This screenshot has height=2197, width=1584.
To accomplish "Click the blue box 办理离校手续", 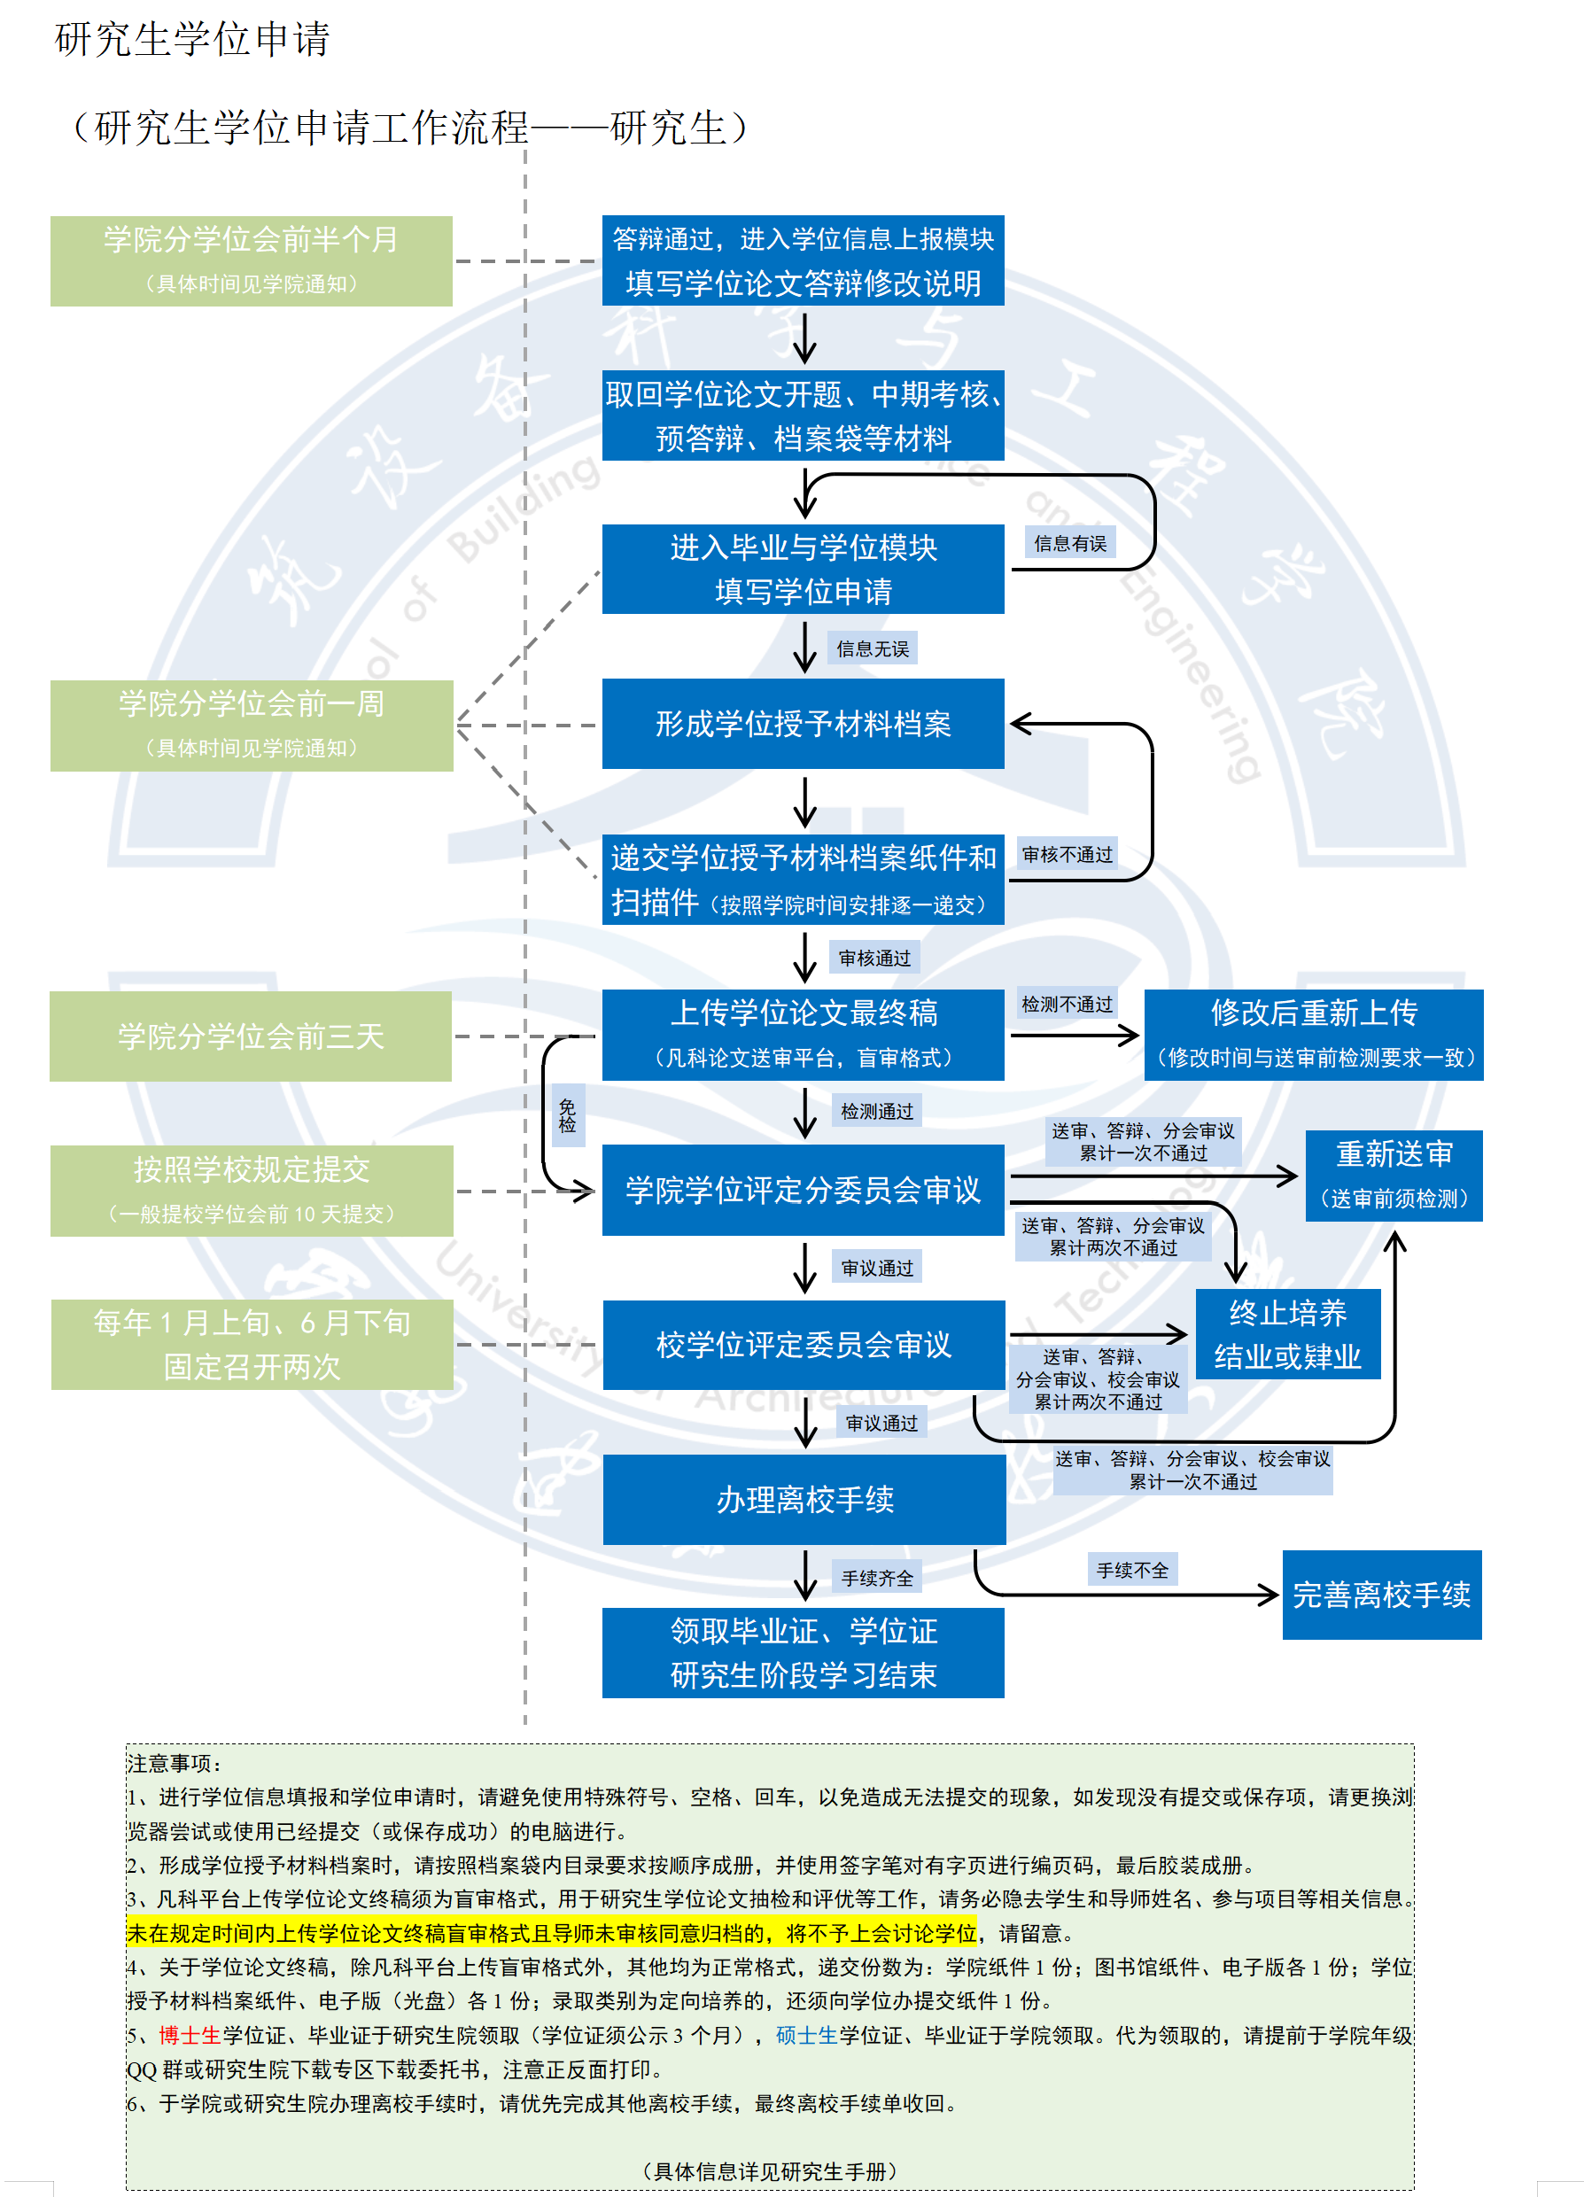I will click(804, 1499).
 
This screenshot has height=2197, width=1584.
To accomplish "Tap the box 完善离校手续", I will click(1381, 1595).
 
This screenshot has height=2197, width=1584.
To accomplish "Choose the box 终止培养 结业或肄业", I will click(1287, 1334).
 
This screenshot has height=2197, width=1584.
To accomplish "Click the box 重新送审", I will click(1394, 1175).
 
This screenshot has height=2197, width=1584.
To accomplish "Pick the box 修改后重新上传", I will click(1313, 1034).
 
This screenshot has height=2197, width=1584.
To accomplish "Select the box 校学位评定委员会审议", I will click(804, 1345).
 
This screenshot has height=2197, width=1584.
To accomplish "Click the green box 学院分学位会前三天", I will click(251, 1036).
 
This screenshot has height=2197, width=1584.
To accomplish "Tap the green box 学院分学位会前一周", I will click(251, 725).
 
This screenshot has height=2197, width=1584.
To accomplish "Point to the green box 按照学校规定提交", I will click(251, 1191).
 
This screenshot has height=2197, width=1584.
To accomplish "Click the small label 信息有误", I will click(1069, 543).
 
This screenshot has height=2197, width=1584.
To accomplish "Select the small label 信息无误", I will click(872, 648).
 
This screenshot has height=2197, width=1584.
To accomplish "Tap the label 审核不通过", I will click(1067, 854).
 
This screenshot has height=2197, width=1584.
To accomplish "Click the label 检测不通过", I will click(1067, 1004).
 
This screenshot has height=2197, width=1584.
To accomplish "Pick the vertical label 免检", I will click(568, 1116).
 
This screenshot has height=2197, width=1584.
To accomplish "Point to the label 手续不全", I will click(1131, 1569).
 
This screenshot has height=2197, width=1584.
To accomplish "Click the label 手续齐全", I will click(877, 1578).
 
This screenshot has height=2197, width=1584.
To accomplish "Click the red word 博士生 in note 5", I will click(190, 2035).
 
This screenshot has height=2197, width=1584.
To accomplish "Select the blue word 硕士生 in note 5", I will click(806, 2035).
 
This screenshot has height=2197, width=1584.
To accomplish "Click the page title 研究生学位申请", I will click(193, 40).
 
